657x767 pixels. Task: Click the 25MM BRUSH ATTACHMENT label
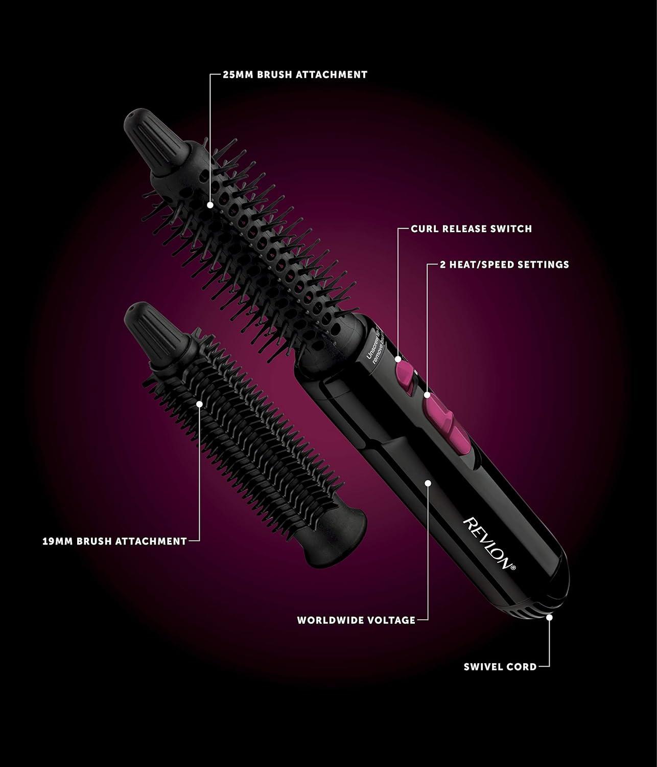coord(295,75)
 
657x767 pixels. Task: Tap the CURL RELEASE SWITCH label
coord(471,229)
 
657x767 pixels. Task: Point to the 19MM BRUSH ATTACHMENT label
coord(114,541)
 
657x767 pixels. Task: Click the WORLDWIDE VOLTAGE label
coord(356,620)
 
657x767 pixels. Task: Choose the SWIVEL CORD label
coord(500,667)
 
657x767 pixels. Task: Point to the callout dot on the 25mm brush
coord(210,205)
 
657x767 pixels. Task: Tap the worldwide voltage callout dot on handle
coord(428,482)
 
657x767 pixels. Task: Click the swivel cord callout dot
coord(550,617)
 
